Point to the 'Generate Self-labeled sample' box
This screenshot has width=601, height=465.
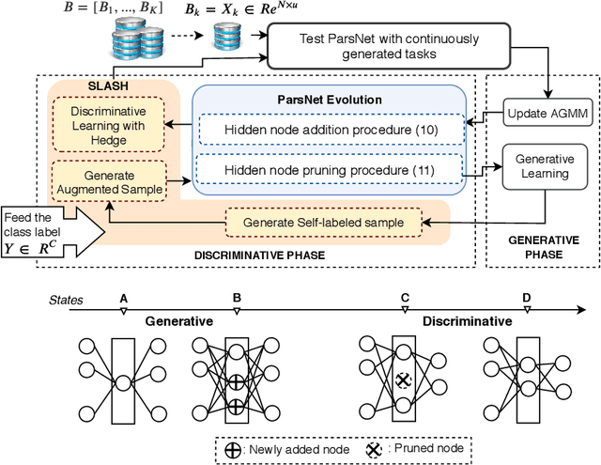tap(324, 222)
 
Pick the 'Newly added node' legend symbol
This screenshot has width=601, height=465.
tap(232, 448)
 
